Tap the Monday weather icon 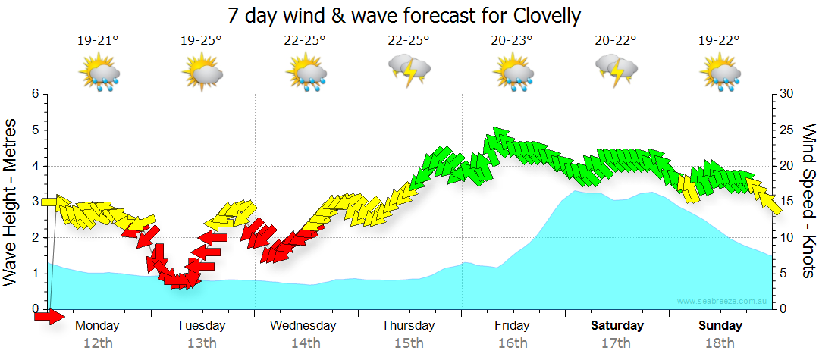click(x=99, y=74)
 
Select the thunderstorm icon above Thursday click(x=409, y=71)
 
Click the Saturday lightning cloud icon click(x=616, y=71)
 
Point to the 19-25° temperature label click(x=201, y=41)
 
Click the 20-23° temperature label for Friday click(x=512, y=41)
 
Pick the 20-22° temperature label click(x=616, y=41)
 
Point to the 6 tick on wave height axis click(x=34, y=94)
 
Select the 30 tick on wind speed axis click(x=787, y=94)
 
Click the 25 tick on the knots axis click(x=787, y=130)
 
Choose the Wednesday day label click(x=303, y=326)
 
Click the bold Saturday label click(x=617, y=326)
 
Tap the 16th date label click(x=513, y=343)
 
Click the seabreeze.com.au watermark click(x=723, y=302)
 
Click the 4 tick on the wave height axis click(x=34, y=166)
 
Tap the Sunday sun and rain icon click(x=720, y=74)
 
